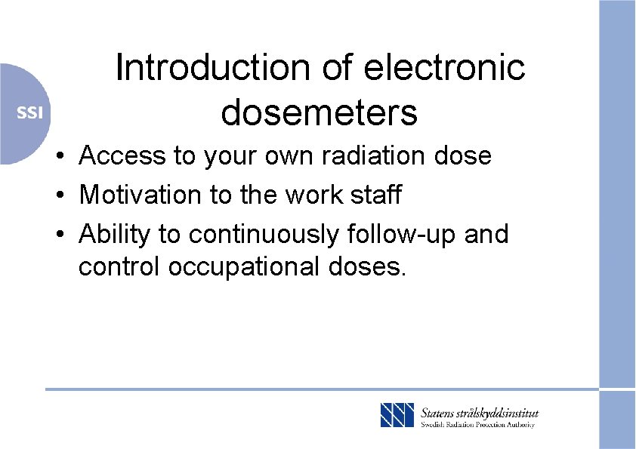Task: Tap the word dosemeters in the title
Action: point(319,112)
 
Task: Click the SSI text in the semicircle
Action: point(30,113)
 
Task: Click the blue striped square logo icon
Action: point(397,416)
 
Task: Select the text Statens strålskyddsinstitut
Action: point(480,412)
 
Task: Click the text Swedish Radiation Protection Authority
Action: point(477,425)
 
